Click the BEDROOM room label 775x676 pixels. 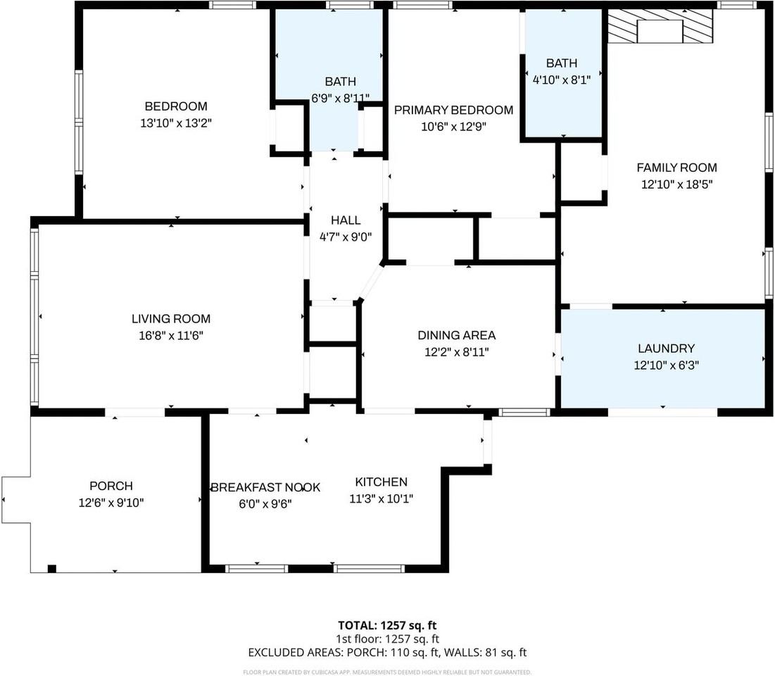pos(176,106)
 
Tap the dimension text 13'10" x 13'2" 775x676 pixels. pos(176,123)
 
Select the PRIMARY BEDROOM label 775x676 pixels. pos(454,110)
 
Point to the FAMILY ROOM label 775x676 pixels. pos(676,168)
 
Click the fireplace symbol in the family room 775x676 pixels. pos(660,26)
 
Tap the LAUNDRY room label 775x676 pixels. pos(667,349)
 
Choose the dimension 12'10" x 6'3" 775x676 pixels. pos(667,365)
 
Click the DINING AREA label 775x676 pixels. pos(457,335)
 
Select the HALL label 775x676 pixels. pos(346,220)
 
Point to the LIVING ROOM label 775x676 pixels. pos(171,319)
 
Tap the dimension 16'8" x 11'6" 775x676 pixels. pos(171,336)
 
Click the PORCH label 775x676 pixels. pos(111,486)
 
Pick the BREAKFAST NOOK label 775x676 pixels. pos(266,487)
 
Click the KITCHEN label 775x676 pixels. pos(381,482)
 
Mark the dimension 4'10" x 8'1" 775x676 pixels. pos(562,80)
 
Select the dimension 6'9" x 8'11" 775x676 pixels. pos(341,98)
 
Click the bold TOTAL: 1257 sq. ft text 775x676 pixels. pos(387,625)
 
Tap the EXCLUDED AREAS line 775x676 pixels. pos(387,653)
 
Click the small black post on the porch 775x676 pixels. pos(52,569)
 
